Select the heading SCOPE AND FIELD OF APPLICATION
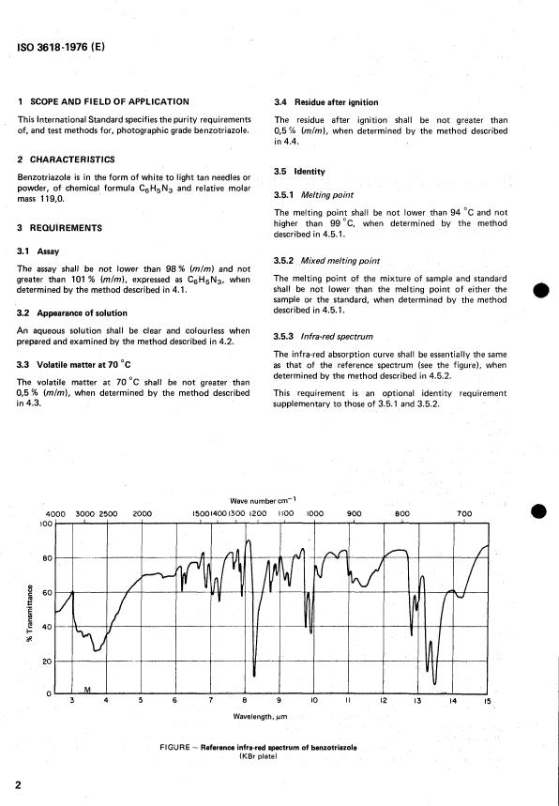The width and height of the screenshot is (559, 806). point(110,101)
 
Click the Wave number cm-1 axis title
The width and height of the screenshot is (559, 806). point(268,500)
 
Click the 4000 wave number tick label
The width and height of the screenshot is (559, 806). point(55,513)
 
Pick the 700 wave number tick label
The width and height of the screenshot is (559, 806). point(463,513)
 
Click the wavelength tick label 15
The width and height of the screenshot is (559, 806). point(487,700)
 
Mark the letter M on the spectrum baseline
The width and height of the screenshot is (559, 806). point(87,690)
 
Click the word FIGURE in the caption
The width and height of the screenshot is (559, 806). point(178,747)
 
